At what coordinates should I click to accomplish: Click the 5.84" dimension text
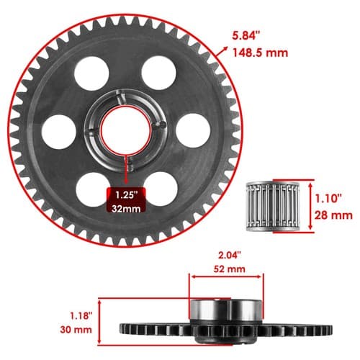246,36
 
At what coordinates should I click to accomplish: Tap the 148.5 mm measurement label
261,53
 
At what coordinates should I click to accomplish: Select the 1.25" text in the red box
126,194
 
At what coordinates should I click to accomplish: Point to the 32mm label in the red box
126,209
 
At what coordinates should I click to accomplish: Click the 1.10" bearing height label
328,199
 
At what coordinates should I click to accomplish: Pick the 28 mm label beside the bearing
333,215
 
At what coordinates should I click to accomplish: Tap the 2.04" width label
229,255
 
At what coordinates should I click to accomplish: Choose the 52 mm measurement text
230,269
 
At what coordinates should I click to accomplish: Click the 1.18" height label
81,315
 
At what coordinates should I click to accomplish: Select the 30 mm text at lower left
76,330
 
